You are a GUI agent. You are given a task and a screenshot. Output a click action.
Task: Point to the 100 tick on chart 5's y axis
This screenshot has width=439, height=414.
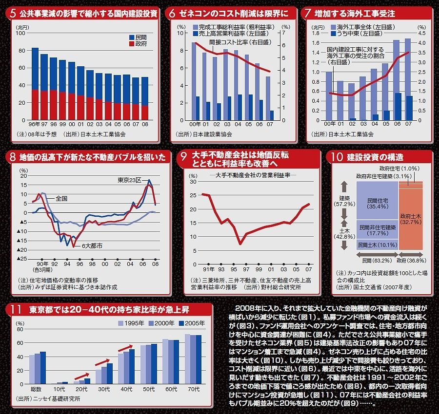pyautogui.click(x=22, y=34)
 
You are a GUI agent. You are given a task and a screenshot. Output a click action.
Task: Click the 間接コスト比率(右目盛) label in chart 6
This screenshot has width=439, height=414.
pyautogui.click(x=234, y=42)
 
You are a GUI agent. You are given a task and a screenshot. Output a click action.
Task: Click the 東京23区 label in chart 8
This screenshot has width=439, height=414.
pyautogui.click(x=129, y=180)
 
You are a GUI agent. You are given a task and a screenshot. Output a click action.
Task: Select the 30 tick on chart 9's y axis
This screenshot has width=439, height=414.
pyautogui.click(x=193, y=182)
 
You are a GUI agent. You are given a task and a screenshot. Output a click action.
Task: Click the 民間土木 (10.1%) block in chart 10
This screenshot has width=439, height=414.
pyautogui.click(x=378, y=245)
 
